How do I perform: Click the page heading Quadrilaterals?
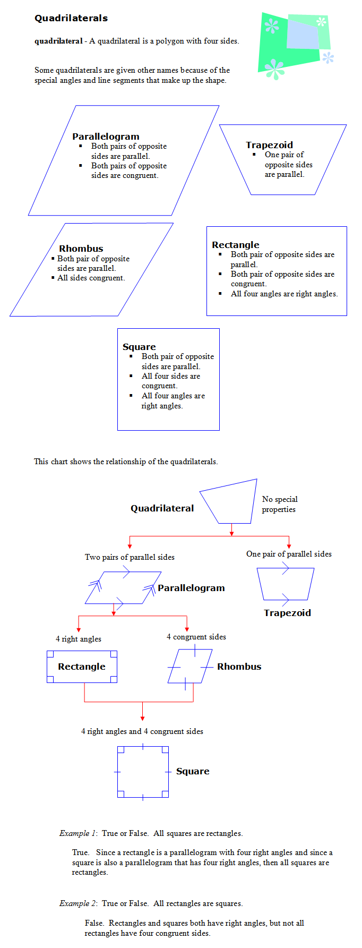coord(71,18)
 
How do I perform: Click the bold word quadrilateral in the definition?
coord(58,41)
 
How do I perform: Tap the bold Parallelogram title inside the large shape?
coord(106,136)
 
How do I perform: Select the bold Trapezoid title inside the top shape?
coord(269,145)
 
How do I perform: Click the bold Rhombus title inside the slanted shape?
coord(81,249)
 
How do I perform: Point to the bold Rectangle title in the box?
coord(236,245)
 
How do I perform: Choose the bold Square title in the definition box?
coord(139,347)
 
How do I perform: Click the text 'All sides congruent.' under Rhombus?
coord(91,278)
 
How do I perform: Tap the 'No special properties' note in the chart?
coord(279,504)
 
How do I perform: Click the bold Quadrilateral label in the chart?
coord(162,508)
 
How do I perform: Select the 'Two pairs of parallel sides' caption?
coord(130,557)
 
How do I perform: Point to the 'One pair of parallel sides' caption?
coord(289,554)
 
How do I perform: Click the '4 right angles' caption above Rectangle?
coord(79,639)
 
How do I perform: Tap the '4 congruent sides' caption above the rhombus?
coord(196,637)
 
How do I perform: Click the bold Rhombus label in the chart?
coord(239,667)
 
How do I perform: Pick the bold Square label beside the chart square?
coord(193,771)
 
